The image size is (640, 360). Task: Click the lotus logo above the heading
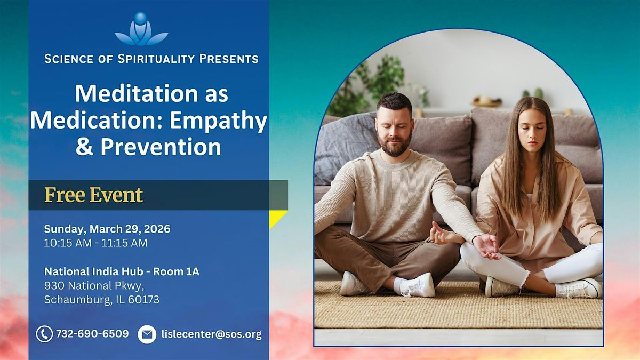tap(141, 29)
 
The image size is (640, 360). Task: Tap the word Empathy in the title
tap(219, 121)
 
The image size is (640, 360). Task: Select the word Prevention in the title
tap(161, 147)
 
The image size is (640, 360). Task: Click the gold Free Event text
tap(93, 195)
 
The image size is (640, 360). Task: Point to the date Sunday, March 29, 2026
tap(107, 229)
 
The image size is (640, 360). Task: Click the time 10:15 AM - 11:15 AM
tap(95, 243)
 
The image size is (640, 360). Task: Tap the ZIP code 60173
tap(143, 299)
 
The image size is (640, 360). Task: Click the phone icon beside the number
tap(44, 334)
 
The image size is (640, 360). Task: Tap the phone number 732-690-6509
tap(92, 334)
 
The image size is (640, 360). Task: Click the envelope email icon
tap(147, 334)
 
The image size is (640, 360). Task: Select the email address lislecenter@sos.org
tap(211, 334)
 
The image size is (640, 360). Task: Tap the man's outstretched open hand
tap(486, 246)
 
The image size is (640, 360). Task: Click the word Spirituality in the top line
tap(156, 59)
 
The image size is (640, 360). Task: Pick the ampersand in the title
tap(85, 147)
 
